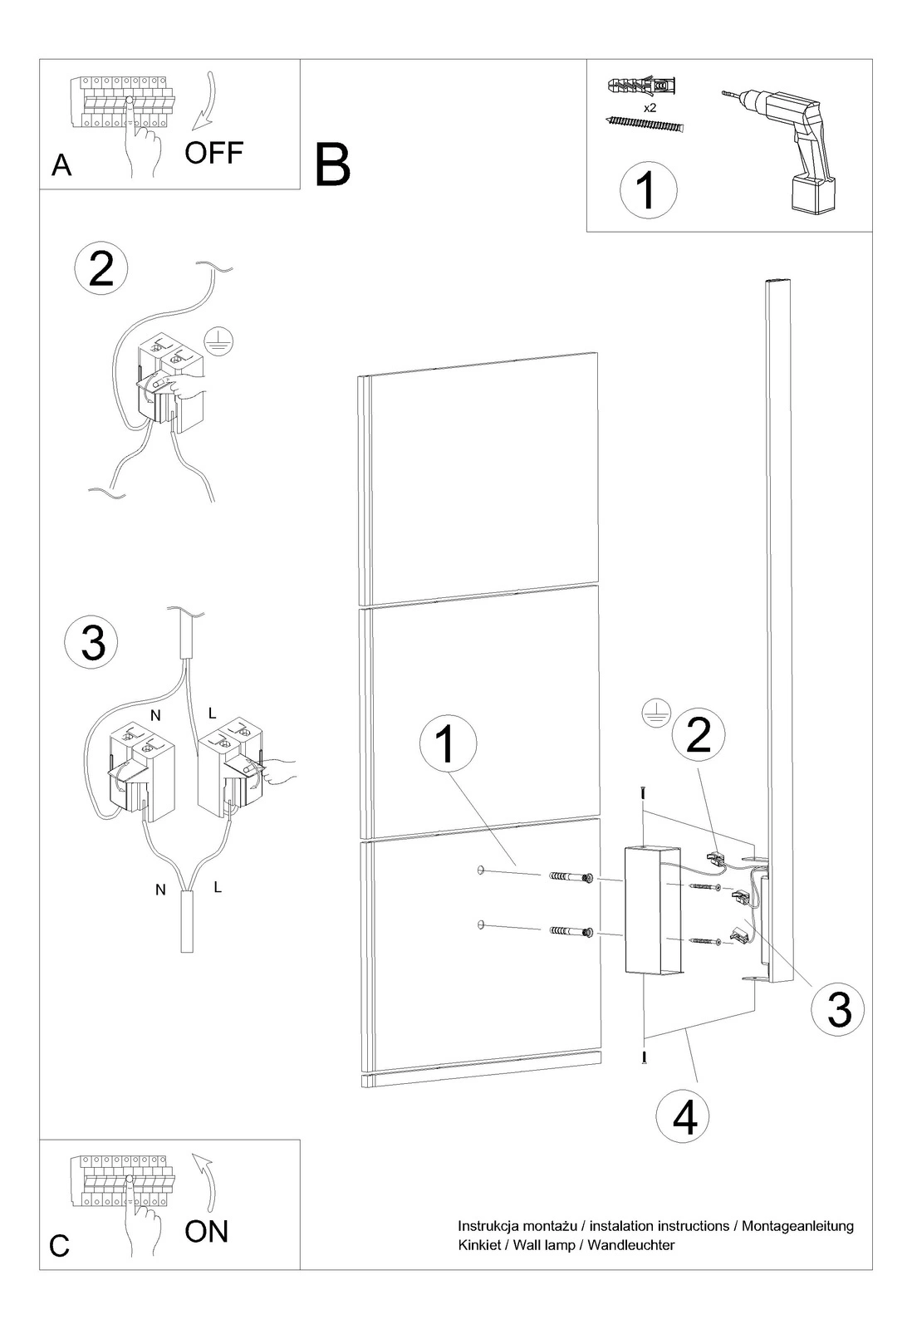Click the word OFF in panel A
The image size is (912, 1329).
[214, 153]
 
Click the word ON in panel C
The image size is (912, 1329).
[207, 1232]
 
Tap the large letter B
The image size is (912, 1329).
[333, 165]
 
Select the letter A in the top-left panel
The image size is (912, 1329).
[61, 165]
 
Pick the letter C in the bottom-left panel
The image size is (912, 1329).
[59, 1246]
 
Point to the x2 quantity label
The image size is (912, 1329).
[650, 109]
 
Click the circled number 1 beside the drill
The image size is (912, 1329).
[648, 190]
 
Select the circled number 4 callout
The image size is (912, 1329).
[684, 1116]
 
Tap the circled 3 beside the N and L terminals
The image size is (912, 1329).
[92, 643]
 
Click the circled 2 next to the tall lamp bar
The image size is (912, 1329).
[699, 734]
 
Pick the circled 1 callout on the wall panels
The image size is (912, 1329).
[448, 744]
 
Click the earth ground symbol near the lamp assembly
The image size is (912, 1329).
[656, 714]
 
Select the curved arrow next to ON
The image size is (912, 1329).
[205, 1180]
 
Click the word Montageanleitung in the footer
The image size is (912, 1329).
[797, 1226]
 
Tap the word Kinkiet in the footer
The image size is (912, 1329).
[479, 1245]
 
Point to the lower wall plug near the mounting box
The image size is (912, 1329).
[572, 932]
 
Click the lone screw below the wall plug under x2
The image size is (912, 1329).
[644, 124]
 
